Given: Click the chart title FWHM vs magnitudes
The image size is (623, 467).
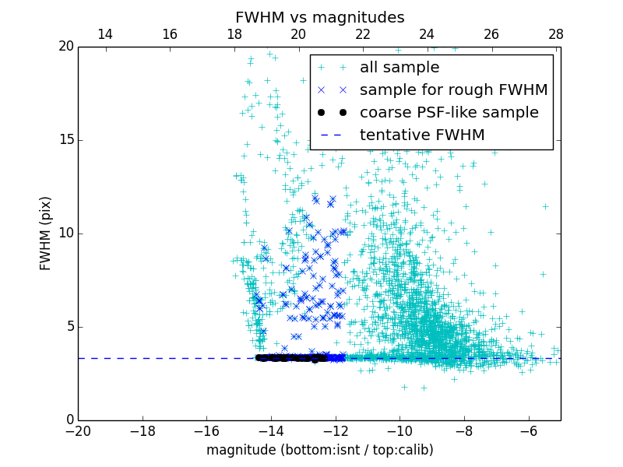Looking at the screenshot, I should click(x=319, y=17).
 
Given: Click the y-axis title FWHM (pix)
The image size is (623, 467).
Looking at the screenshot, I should click(x=46, y=233).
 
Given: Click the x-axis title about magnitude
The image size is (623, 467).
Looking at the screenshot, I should click(x=319, y=450).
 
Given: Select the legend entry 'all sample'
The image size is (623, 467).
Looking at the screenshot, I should click(x=399, y=68).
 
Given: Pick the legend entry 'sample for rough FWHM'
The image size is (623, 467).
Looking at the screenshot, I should click(x=453, y=90).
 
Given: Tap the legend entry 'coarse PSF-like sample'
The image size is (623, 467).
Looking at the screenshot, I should click(x=449, y=113).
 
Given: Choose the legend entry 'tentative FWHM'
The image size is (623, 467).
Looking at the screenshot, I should click(x=421, y=135).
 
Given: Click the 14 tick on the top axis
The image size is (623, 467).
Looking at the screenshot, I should click(x=105, y=34).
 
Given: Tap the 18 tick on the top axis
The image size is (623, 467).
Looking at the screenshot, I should click(x=234, y=34).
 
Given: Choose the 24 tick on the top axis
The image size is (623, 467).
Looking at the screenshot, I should click(x=427, y=34).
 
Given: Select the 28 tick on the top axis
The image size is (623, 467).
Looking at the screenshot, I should click(x=555, y=34).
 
